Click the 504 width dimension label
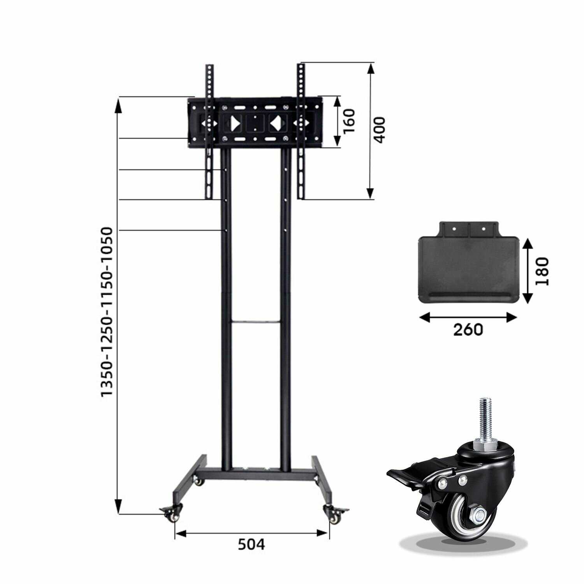click(x=252, y=544)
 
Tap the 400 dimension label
click(x=378, y=130)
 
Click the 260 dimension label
click(x=468, y=330)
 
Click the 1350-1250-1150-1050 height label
click(x=106, y=312)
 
